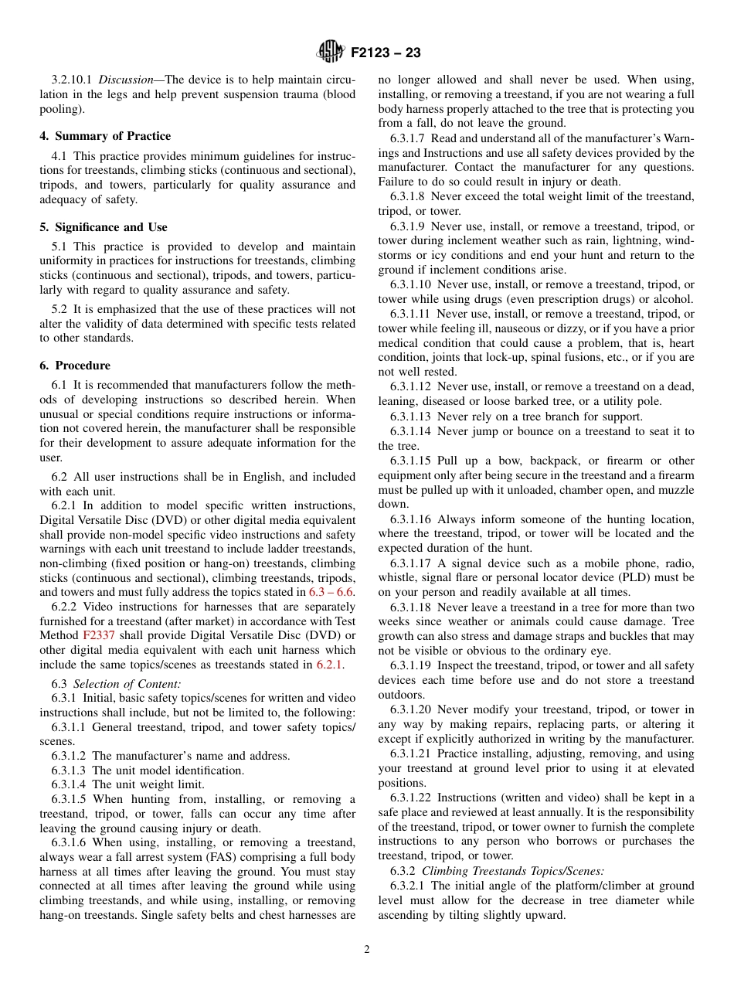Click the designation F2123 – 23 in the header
[386, 53]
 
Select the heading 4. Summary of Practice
[105, 136]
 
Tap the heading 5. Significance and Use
[104, 227]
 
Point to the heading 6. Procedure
[75, 366]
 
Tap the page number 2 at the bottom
[367, 950]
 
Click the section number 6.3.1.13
[410, 417]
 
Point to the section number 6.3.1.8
[407, 196]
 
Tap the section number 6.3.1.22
[410, 798]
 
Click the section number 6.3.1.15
[410, 461]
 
